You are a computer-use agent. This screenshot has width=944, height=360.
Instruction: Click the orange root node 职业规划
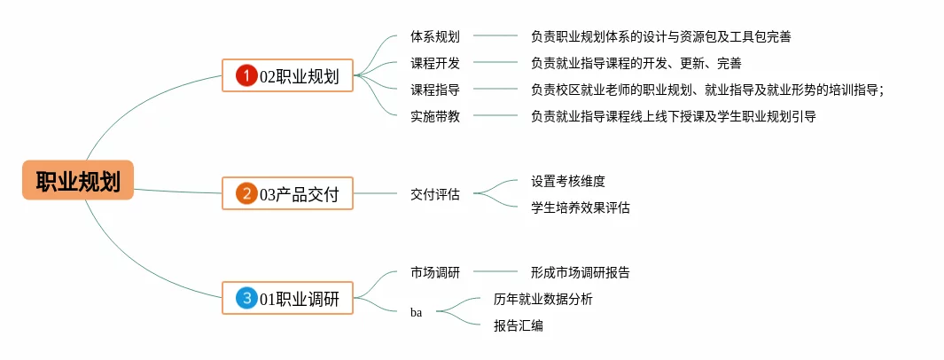78,180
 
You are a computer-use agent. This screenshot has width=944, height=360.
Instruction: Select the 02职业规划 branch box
288,75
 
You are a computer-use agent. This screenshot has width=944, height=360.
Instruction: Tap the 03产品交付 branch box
288,193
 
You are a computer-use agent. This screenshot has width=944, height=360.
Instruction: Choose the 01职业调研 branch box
288,297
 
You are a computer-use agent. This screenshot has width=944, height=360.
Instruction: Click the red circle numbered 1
246,76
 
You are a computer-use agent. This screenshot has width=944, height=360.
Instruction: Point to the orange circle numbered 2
246,194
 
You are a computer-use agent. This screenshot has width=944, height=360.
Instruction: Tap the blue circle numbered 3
246,298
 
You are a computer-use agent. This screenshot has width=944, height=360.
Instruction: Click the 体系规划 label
435,36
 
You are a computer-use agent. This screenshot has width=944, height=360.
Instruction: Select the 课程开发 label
435,63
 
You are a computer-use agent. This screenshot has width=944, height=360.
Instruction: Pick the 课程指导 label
435,90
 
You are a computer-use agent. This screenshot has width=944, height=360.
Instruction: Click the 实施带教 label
435,116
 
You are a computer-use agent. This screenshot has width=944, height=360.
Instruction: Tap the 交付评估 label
435,194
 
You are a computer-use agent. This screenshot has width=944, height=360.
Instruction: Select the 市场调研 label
435,272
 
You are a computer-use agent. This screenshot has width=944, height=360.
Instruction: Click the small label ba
416,312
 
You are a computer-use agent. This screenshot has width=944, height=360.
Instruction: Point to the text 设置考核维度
567,181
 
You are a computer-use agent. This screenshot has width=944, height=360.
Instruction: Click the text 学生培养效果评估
581,207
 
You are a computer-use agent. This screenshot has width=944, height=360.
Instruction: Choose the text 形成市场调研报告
581,272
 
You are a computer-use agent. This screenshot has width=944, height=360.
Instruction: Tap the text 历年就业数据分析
543,299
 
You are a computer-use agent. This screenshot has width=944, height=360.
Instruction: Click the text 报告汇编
519,325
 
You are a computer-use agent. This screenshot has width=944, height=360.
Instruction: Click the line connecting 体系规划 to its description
495,36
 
